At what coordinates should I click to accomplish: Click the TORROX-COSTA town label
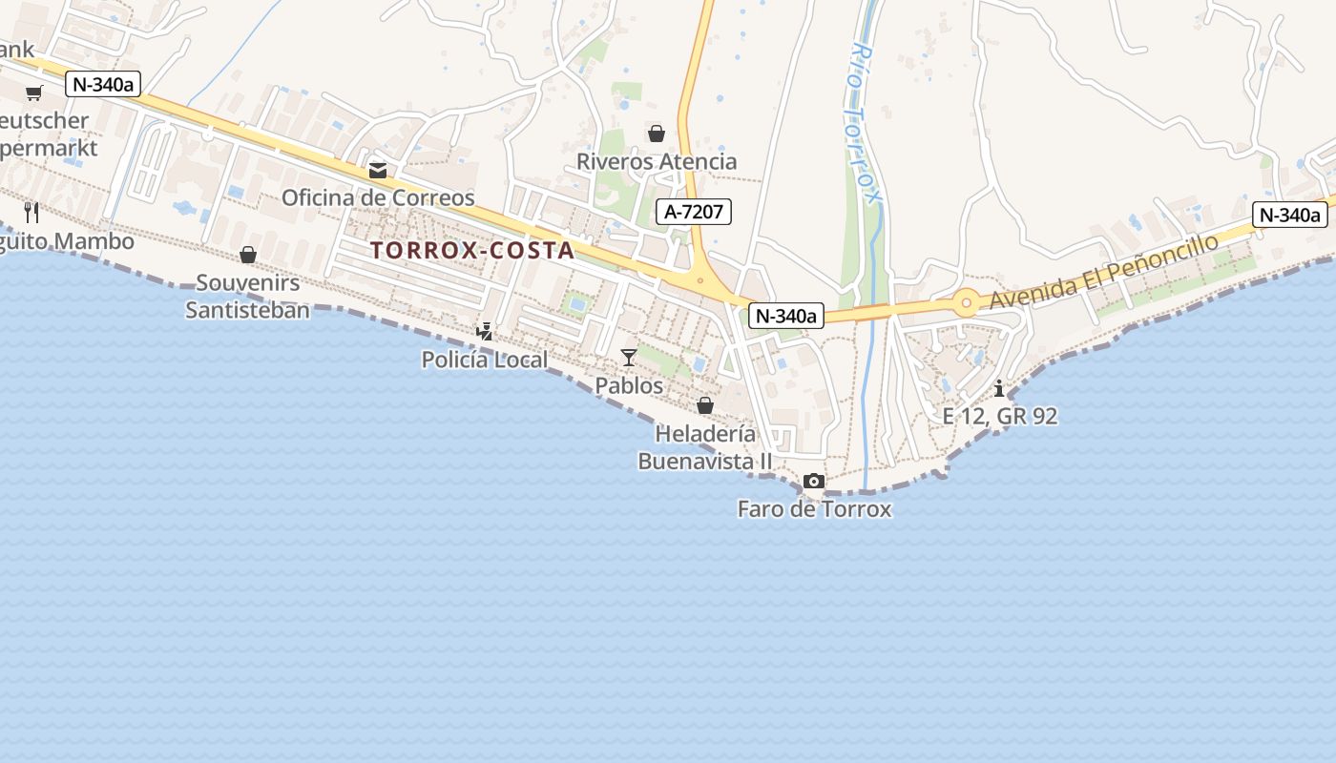472,251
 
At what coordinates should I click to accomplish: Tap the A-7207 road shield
694,212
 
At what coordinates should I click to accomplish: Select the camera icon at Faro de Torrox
814,482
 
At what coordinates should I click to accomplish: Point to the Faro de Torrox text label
814,509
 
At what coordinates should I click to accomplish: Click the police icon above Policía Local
486,332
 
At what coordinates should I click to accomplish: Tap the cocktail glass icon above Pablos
628,358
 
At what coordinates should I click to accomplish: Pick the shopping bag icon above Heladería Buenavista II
705,405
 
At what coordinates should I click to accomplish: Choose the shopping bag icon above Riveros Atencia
657,134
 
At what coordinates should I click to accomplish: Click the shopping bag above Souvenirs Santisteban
248,255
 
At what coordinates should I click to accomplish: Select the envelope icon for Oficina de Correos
378,171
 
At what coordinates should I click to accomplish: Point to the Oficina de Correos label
378,197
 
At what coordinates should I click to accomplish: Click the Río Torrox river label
863,124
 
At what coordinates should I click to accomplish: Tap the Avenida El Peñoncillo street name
1104,271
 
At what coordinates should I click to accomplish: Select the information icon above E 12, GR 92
999,389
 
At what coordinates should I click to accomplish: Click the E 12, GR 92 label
999,416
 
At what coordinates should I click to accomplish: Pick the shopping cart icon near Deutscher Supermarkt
34,93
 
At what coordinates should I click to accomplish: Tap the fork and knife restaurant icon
31,212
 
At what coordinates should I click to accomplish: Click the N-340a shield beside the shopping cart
103,84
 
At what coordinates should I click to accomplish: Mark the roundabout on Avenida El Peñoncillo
966,304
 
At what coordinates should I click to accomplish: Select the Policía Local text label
485,360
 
